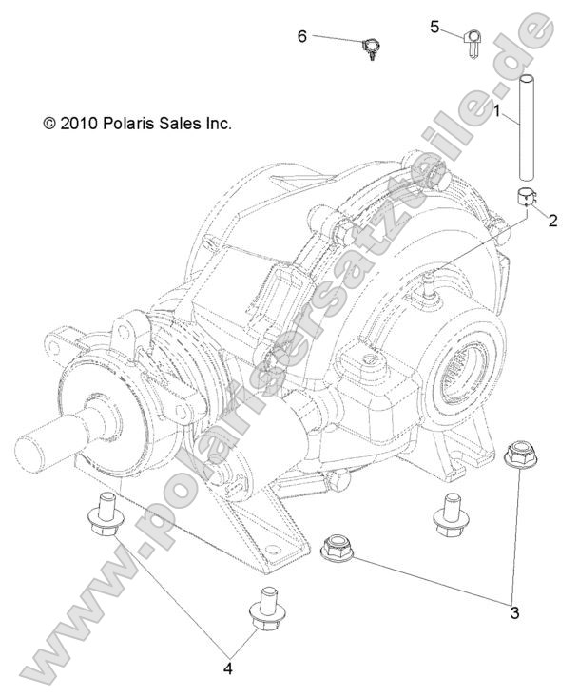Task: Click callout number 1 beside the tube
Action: point(497,111)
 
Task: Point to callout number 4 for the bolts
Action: point(228,669)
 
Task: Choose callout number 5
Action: point(434,27)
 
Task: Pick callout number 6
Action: point(301,36)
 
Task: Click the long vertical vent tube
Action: point(524,127)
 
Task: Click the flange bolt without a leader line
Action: point(446,513)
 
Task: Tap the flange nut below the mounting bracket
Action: point(339,549)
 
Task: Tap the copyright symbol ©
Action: point(49,124)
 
